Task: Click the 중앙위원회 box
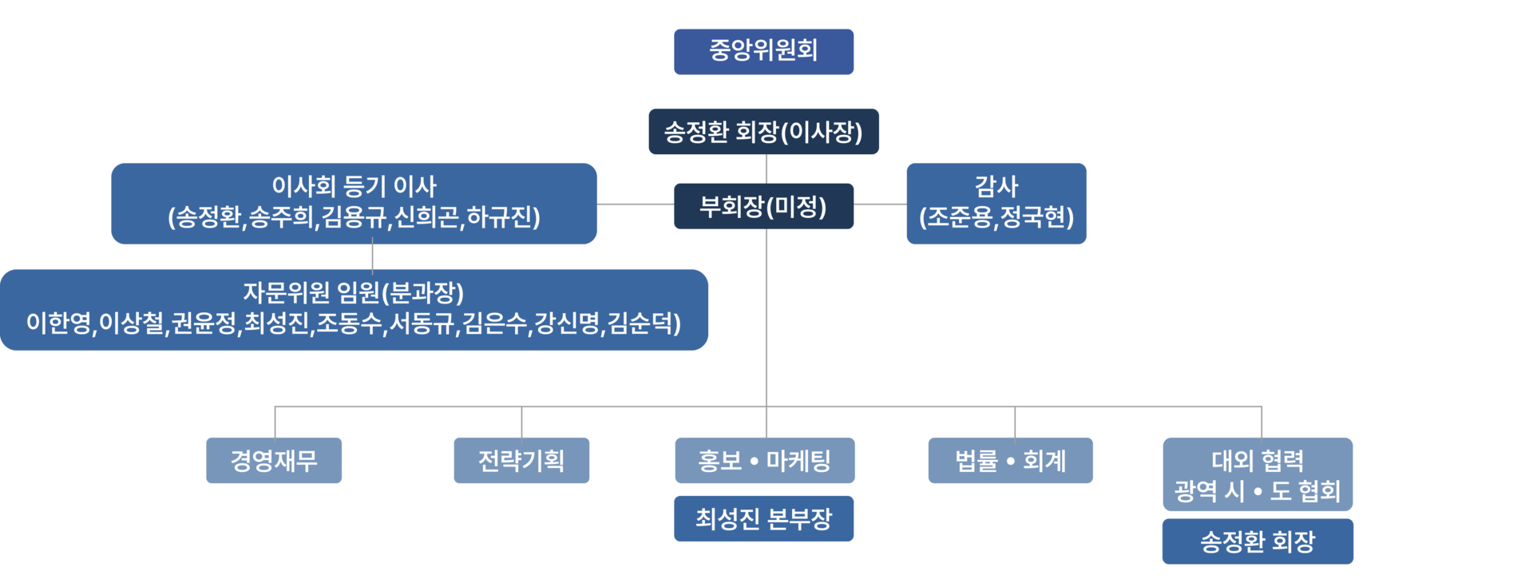pyautogui.click(x=763, y=51)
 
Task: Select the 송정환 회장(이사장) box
pyautogui.click(x=763, y=132)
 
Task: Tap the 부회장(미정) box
pyautogui.click(x=763, y=207)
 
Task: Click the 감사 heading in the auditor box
pyautogui.click(x=996, y=187)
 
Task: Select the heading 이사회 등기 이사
pyautogui.click(x=354, y=187)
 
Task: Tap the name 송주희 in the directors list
pyautogui.click(x=281, y=217)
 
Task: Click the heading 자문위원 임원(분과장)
pyautogui.click(x=354, y=293)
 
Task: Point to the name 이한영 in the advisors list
pyautogui.click(x=59, y=323)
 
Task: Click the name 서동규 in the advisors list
pyautogui.click(x=422, y=323)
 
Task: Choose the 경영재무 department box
pyautogui.click(x=274, y=461)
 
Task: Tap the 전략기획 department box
pyautogui.click(x=521, y=461)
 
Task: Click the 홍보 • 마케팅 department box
pyautogui.click(x=765, y=461)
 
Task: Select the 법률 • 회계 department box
pyautogui.click(x=1010, y=461)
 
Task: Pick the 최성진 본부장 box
pyautogui.click(x=763, y=519)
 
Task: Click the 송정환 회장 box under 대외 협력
pyautogui.click(x=1258, y=542)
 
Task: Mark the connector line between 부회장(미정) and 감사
pyautogui.click(x=880, y=204)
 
